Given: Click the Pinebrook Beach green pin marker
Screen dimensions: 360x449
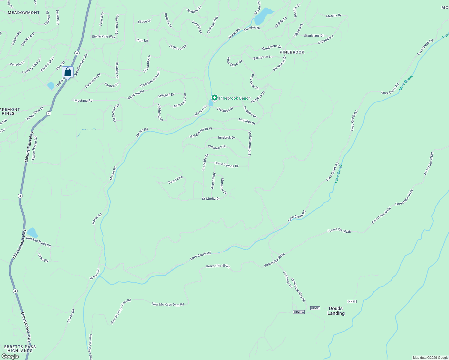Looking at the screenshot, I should [x=214, y=98].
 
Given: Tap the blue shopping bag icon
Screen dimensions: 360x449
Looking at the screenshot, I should [x=68, y=72].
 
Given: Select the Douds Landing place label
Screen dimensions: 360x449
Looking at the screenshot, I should [x=336, y=311].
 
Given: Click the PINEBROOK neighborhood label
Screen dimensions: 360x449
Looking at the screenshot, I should [x=292, y=52].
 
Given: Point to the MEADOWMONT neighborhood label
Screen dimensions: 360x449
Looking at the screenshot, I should [x=24, y=13].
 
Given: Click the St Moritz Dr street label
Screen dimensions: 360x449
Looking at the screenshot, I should [x=211, y=199].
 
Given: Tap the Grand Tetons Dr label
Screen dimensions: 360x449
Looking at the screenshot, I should [x=226, y=165].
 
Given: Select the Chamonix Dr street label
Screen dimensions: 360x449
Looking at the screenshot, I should [x=217, y=147].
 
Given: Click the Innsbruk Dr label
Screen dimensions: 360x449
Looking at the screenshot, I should [x=226, y=137].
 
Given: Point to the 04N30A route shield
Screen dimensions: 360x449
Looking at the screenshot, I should [x=299, y=312].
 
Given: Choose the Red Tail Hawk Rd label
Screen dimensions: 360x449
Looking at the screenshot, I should [x=38, y=242].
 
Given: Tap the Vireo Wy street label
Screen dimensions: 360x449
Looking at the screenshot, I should [x=43, y=258].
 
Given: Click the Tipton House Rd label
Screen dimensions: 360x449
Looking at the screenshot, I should [x=35, y=148].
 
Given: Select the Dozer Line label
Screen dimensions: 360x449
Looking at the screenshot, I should [x=176, y=180].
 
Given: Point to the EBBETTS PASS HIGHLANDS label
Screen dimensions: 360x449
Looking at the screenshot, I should [x=20, y=349].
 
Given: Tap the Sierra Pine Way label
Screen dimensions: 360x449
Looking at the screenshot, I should [x=104, y=37].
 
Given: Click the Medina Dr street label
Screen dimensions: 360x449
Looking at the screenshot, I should [x=333, y=16].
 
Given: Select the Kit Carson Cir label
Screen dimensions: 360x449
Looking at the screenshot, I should [x=116, y=113].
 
